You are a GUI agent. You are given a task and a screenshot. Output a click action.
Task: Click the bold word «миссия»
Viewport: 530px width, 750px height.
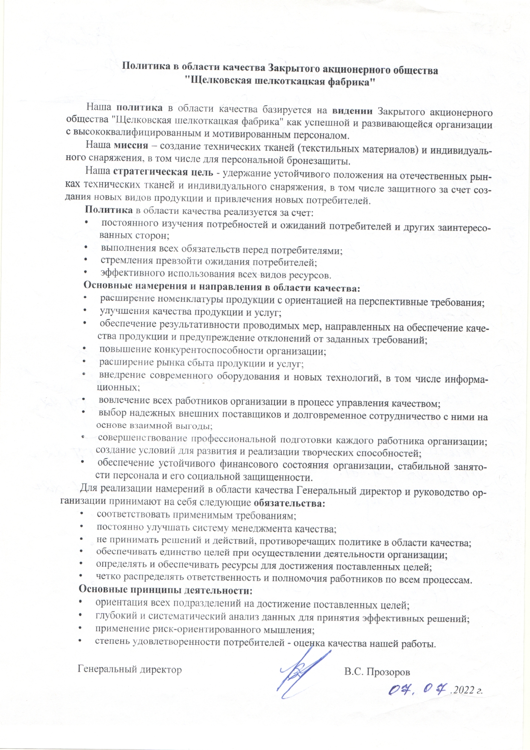(131, 145)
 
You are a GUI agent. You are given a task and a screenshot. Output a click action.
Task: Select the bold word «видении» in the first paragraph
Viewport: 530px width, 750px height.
(352, 111)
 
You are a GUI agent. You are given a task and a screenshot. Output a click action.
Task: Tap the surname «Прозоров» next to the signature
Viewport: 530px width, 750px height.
(387, 672)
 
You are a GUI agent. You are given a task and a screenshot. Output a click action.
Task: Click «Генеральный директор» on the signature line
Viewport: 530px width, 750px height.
(130, 669)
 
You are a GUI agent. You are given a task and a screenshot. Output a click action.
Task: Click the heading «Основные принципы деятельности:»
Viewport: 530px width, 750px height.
(165, 591)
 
